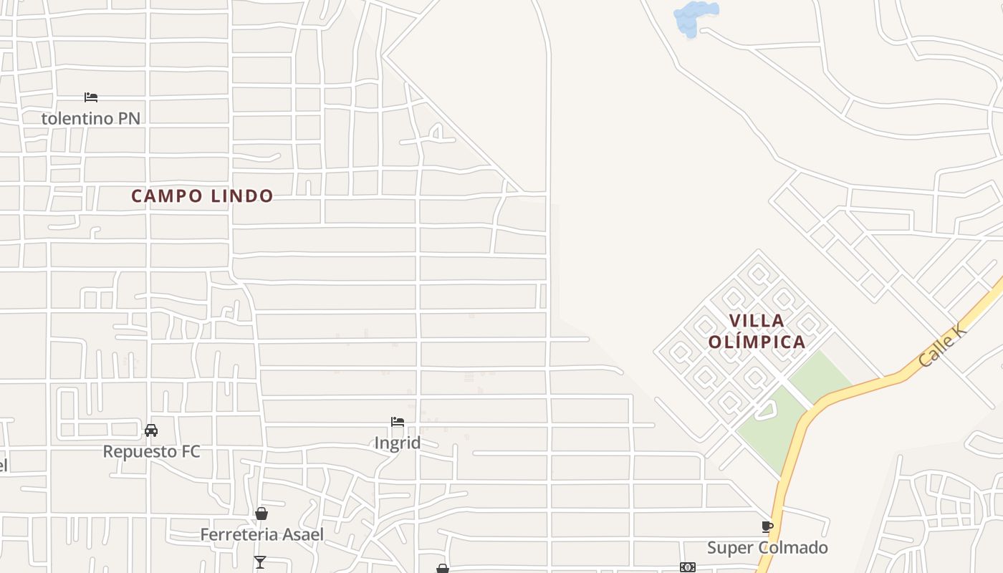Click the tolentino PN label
point(90,118)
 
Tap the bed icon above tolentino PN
point(90,97)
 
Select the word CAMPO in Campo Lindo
point(162,196)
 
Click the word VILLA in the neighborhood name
point(757,320)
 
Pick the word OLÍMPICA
point(757,342)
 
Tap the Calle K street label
point(942,345)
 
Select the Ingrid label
point(398,443)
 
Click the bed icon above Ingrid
point(398,422)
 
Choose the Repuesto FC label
point(151,451)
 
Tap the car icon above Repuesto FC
point(151,430)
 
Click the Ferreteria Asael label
point(261,534)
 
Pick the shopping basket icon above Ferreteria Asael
point(261,514)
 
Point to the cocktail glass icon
point(260,562)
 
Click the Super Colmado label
point(767,548)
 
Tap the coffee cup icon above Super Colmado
point(767,527)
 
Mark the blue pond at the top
point(694,18)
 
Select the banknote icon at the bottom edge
point(687,567)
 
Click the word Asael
point(303,534)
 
